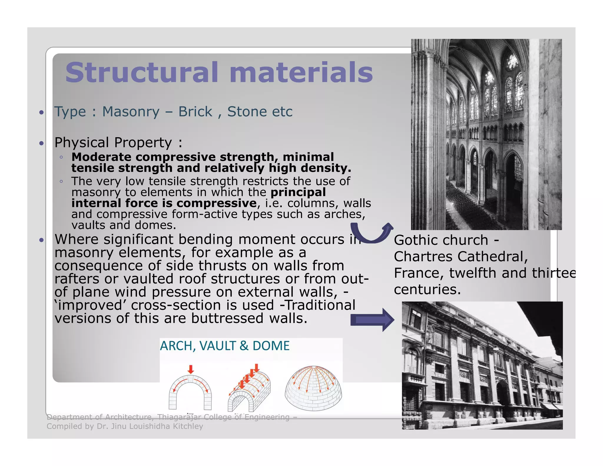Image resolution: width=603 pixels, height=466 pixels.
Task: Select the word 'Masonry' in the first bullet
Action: (131, 112)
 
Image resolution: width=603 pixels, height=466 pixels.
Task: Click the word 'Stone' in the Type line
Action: (247, 112)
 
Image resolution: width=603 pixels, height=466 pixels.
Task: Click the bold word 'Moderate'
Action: (101, 157)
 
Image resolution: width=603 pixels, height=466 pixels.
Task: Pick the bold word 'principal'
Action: (298, 192)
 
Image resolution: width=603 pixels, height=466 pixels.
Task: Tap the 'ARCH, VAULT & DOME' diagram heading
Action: (225, 346)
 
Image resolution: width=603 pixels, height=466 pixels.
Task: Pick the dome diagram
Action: (314, 388)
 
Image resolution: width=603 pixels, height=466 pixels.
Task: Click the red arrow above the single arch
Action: (191, 369)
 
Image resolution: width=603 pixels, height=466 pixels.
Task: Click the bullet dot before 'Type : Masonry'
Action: (42, 112)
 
